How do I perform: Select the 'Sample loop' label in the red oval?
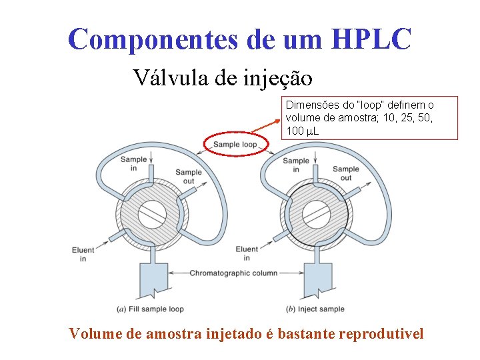click(235, 144)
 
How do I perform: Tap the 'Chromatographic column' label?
click(233, 273)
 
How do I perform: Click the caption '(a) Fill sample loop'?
click(150, 309)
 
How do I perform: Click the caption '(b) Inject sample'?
click(315, 309)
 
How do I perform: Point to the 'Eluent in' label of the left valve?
click(83, 254)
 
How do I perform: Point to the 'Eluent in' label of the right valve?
click(247, 253)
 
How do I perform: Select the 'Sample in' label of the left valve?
click(133, 163)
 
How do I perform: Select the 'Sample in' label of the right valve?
click(296, 164)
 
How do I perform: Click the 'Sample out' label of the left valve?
click(189, 177)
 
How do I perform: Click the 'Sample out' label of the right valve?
click(345, 173)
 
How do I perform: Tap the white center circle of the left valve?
click(152, 214)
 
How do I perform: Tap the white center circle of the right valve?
click(317, 214)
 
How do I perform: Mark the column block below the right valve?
click(317, 277)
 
